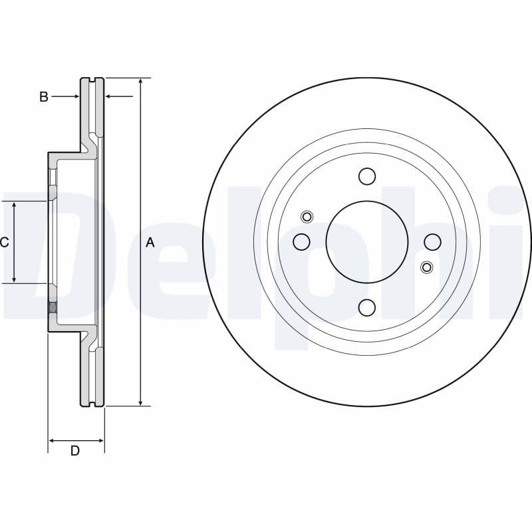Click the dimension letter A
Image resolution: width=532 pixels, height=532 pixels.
[150, 243]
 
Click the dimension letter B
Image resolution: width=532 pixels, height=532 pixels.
[44, 97]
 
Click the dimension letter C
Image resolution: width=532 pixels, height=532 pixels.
[4, 243]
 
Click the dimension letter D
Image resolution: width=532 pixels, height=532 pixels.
[75, 451]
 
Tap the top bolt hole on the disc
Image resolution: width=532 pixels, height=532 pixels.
[367, 176]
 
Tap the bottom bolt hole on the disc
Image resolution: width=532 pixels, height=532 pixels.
[367, 307]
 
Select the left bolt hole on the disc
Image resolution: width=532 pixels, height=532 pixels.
[301, 241]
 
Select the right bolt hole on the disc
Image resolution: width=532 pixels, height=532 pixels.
[432, 241]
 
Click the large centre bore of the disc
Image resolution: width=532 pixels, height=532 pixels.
[367, 241]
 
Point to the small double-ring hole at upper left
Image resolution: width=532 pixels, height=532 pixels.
[307, 216]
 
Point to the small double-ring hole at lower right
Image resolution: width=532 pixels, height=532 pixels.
[427, 267]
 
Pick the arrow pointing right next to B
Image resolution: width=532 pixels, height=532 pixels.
[75, 97]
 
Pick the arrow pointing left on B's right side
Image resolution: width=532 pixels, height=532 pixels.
[110, 97]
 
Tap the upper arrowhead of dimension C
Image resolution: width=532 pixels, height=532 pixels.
[15, 205]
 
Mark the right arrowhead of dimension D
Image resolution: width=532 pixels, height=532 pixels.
[100, 440]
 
